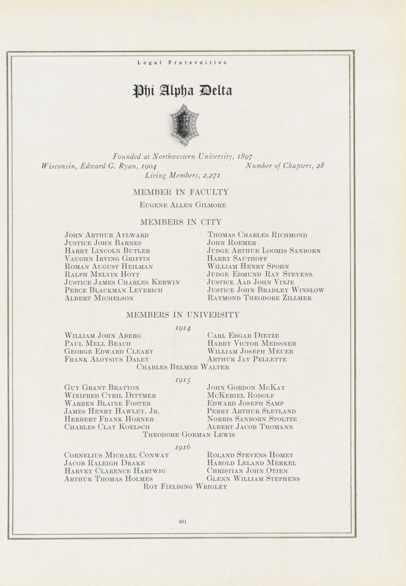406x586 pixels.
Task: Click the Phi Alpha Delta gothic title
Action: tap(183, 90)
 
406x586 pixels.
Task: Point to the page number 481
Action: tap(183, 521)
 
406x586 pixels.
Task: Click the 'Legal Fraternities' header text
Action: tap(182, 62)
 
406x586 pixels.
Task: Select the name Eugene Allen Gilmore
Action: tap(183, 205)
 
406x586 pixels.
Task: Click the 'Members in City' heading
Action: tap(181, 222)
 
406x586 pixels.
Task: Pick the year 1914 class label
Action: tap(183, 328)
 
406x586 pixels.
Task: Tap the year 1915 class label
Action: tap(183, 380)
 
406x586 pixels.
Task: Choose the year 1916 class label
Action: tap(183, 447)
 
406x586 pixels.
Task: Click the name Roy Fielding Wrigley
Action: tap(186, 487)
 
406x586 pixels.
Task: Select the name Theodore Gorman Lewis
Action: tap(189, 435)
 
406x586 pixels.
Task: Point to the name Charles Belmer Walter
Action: tap(183, 367)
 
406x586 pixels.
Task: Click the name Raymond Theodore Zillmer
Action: tap(259, 298)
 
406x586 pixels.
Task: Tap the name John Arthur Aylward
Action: tap(107, 235)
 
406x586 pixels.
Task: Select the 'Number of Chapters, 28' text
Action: tap(285, 166)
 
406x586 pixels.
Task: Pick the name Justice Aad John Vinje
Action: tap(251, 282)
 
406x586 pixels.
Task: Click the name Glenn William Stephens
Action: tap(253, 479)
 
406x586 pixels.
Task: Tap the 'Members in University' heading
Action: tap(183, 315)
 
